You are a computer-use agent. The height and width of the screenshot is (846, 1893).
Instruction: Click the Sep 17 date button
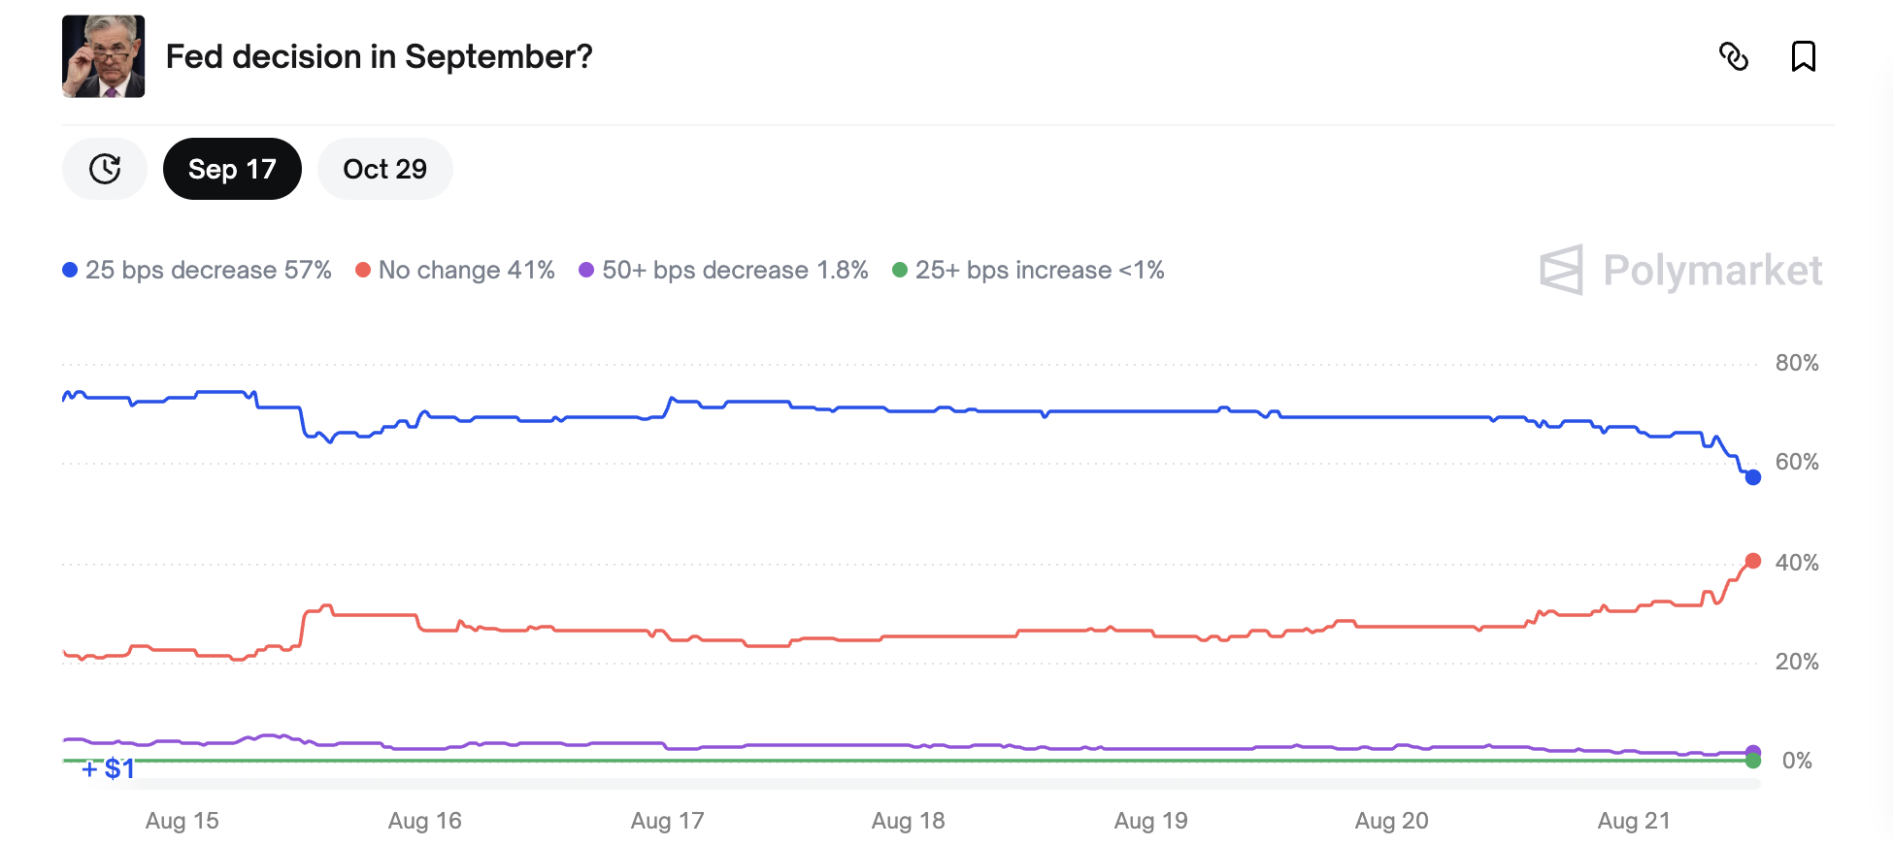point(232,169)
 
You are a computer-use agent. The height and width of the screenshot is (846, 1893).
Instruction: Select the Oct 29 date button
point(384,169)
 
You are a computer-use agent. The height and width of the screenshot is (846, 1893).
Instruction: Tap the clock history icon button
point(105,169)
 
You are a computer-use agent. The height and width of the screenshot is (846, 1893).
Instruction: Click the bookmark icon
point(1803,56)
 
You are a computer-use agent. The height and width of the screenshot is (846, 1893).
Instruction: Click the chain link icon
point(1734,56)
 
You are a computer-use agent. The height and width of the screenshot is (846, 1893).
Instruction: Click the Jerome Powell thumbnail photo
point(104,56)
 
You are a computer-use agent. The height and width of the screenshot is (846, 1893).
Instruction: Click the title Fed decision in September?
point(379,56)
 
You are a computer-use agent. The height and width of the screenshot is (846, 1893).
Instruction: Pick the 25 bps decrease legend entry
point(197,270)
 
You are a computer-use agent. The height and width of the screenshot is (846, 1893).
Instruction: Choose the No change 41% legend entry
point(455,270)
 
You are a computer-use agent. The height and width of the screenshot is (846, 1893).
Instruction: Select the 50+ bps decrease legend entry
point(723,270)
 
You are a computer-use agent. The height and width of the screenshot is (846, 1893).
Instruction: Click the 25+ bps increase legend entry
point(1028,270)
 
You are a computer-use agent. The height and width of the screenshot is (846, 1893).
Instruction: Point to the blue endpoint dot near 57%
point(1752,477)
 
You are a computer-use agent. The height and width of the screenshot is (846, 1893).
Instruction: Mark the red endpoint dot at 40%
point(1752,561)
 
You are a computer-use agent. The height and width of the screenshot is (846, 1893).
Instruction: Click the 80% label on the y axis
point(1797,363)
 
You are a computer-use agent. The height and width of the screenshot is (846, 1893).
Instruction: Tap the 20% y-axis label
point(1797,662)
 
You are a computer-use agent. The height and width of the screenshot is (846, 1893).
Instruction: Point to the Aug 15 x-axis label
point(182,821)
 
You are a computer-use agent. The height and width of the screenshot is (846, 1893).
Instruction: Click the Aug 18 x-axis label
point(908,821)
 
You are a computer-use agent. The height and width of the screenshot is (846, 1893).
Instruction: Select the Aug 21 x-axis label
point(1634,821)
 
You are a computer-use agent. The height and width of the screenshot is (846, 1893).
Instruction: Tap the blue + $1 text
point(108,769)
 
